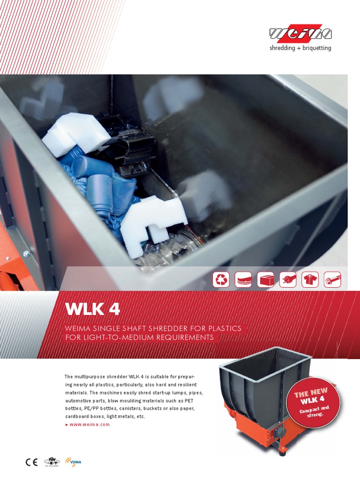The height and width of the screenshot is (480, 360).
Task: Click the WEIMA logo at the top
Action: (300, 33)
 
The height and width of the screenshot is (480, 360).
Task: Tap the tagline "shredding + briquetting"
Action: (300, 48)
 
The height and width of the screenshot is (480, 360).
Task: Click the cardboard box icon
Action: (265, 279)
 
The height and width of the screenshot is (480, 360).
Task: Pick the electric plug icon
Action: (287, 279)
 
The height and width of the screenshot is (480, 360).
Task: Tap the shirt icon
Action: (309, 279)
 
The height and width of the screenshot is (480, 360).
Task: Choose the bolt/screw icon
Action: (332, 279)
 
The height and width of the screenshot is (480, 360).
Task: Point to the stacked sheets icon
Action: (243, 279)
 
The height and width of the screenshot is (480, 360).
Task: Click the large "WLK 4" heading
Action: (92, 309)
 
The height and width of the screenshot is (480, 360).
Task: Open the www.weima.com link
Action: (89, 424)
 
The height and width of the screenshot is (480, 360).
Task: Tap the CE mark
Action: (31, 462)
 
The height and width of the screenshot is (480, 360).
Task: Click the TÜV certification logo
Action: (52, 462)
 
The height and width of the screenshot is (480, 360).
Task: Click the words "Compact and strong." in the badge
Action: (315, 411)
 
